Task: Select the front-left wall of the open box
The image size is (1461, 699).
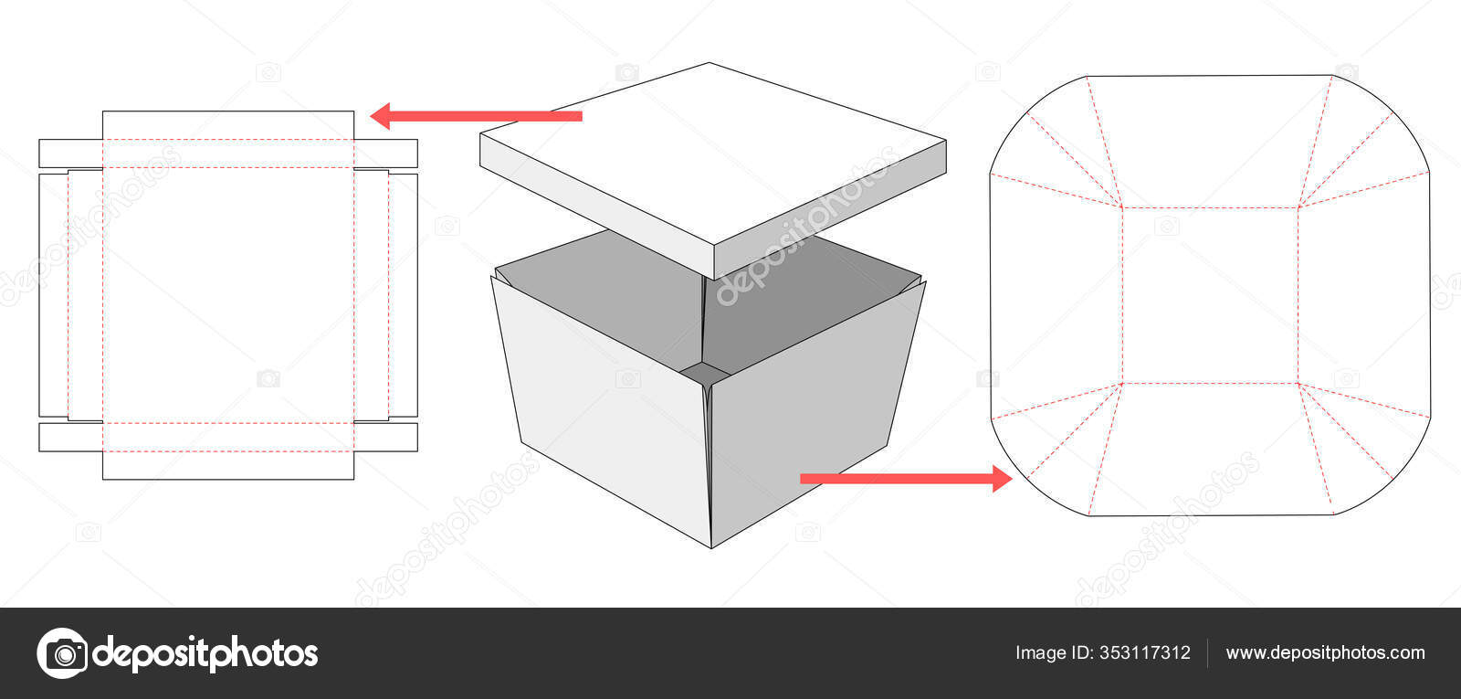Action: point(603,402)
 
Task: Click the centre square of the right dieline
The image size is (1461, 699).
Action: point(1210,295)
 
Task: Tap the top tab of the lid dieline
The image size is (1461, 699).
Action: point(228,125)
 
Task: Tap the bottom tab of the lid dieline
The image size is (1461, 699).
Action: point(228,465)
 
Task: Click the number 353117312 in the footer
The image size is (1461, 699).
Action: point(1145,652)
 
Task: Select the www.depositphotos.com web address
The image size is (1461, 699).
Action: point(1325,652)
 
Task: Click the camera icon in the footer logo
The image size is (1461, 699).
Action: point(62,653)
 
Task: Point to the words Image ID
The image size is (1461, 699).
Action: point(1055,652)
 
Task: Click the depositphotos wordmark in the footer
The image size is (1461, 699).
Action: point(205,653)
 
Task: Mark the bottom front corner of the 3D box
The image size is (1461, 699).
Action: point(711,546)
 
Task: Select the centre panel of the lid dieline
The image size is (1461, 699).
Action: point(228,295)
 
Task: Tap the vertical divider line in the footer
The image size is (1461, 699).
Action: point(1208,652)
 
